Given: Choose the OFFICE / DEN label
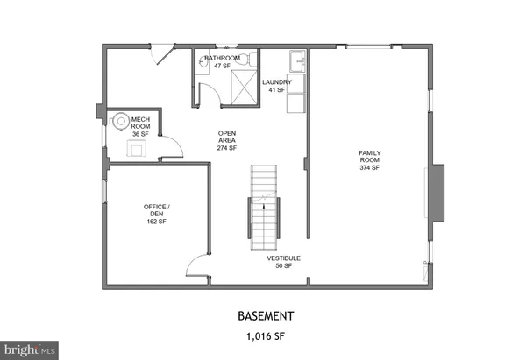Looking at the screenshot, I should pos(157,210).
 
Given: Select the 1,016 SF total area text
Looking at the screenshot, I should pos(263,335).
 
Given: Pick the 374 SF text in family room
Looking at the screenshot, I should pos(369,168).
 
